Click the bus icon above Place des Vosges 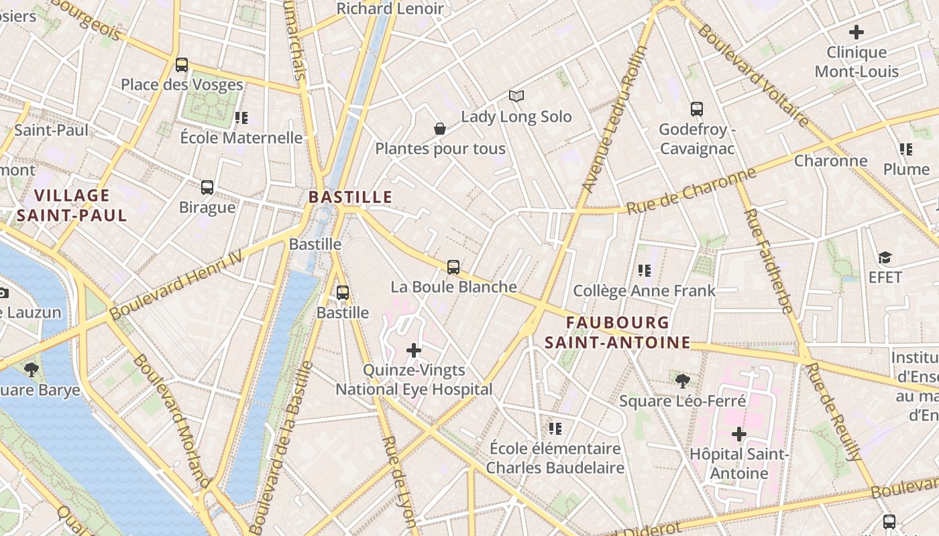tap(181, 65)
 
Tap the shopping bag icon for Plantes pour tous tap(440, 129)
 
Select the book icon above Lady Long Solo tap(516, 96)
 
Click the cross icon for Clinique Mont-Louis tap(856, 32)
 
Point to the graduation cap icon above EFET tap(885, 258)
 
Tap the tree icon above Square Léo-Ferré tap(682, 381)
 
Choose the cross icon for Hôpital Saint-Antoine tap(738, 434)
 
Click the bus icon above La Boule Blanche tap(453, 267)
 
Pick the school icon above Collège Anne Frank tap(644, 271)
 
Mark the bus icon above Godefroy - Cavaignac tap(696, 109)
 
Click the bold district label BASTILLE tap(350, 197)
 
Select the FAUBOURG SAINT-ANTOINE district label tap(617, 333)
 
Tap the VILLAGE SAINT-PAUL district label tap(72, 206)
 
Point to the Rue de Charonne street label tap(691, 190)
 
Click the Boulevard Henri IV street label tap(176, 285)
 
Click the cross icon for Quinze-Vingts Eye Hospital tap(414, 350)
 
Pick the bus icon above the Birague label tap(207, 188)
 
